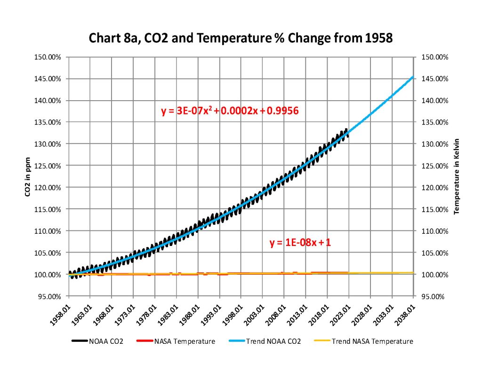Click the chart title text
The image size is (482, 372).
tap(241, 38)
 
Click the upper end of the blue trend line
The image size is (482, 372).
tap(413, 77)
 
